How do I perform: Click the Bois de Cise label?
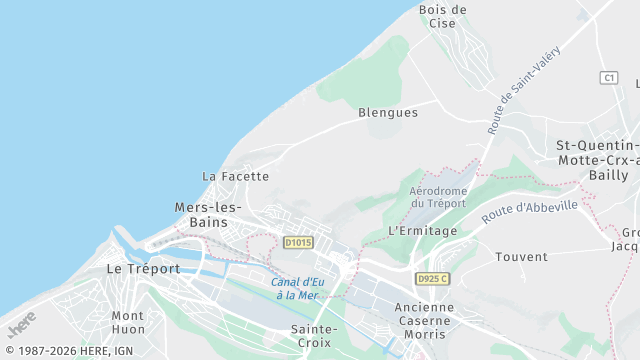point(443,16)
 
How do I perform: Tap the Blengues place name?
point(388,113)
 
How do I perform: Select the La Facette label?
point(236,176)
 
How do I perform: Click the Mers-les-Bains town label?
point(208,215)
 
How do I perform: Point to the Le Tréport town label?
point(144,269)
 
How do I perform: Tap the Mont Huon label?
point(128,322)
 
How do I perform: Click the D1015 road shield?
point(298,242)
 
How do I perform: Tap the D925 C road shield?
point(433,279)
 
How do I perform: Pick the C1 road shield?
point(609,77)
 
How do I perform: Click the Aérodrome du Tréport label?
point(438,196)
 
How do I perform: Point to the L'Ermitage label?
point(422,231)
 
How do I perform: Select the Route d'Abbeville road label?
point(529,211)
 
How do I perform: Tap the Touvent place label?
point(521,257)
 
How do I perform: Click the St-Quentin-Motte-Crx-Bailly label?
point(597,160)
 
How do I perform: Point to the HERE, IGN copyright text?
point(68,351)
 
